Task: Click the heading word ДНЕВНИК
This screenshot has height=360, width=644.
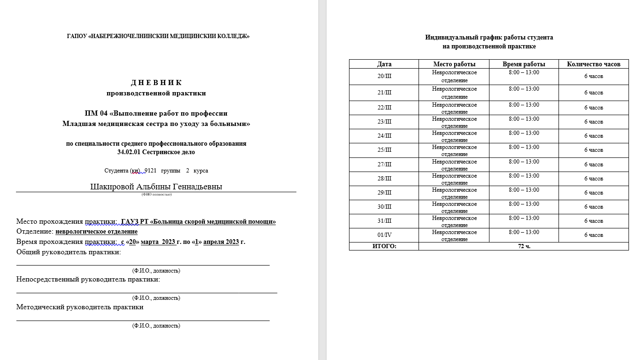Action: (156, 83)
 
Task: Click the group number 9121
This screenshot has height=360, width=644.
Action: (150, 171)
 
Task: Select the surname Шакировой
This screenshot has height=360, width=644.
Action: (112, 187)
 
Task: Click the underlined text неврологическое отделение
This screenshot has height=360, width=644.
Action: (96, 232)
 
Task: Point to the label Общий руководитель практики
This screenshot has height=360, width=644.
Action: (69, 252)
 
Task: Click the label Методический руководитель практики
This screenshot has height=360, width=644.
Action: (80, 307)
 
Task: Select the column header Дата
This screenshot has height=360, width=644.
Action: (384, 64)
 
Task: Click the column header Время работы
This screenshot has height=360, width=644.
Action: (524, 64)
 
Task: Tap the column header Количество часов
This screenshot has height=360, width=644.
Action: (593, 64)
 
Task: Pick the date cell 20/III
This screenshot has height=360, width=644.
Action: (384, 76)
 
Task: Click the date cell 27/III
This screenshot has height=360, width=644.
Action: (384, 164)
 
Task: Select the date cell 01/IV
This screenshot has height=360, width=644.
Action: (384, 235)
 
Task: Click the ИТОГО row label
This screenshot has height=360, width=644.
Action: (384, 246)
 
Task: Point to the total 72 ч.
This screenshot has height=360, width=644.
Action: (524, 246)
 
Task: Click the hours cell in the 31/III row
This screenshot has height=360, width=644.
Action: (593, 221)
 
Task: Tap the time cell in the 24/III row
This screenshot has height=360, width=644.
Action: (524, 133)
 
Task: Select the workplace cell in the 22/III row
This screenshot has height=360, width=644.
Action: (454, 108)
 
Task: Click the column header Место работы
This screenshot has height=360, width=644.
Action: (454, 64)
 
